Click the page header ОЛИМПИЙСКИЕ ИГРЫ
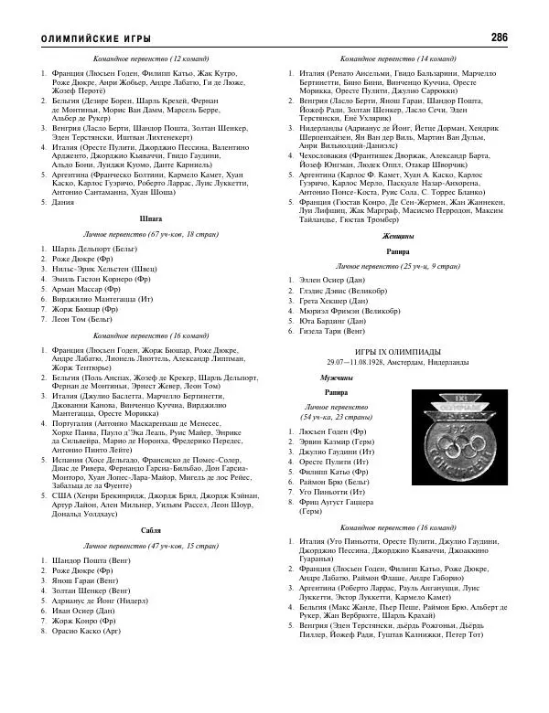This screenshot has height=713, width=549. tap(92, 38)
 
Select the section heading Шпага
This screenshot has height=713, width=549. tap(151, 219)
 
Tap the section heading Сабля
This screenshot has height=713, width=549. tap(151, 530)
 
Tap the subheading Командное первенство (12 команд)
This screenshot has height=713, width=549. tap(151, 58)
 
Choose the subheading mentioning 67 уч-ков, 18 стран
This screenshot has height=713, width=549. tap(151, 234)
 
